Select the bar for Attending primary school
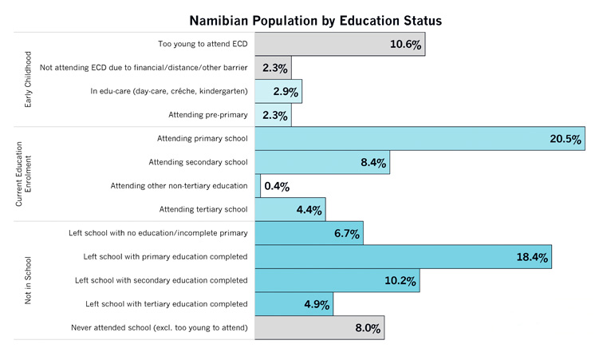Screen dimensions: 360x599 pyautogui.click(x=420, y=139)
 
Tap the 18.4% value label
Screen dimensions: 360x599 pyautogui.click(x=532, y=257)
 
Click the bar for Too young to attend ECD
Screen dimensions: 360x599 pyautogui.click(x=340, y=45)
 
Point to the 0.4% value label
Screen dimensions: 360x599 pyautogui.click(x=277, y=186)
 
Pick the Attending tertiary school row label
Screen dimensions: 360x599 pyautogui.click(x=203, y=210)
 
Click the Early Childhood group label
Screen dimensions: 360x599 pyautogui.click(x=29, y=80)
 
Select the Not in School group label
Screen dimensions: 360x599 pyautogui.click(x=29, y=280)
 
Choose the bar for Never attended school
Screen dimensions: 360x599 pyautogui.click(x=319, y=328)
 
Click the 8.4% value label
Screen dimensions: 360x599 pyautogui.click(x=372, y=163)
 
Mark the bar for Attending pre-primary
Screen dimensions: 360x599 pyautogui.click(x=273, y=116)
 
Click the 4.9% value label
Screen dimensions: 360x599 pyautogui.click(x=316, y=304)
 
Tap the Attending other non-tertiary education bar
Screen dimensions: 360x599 pyautogui.click(x=258, y=186)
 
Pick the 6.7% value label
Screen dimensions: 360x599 pyautogui.click(x=346, y=234)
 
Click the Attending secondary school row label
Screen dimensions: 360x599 pyautogui.click(x=199, y=163)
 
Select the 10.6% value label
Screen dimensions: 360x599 pyautogui.click(x=405, y=45)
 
